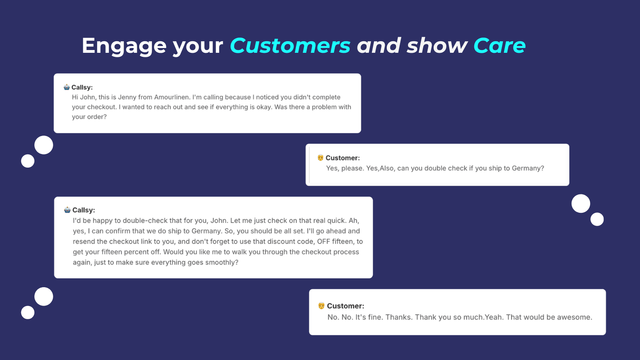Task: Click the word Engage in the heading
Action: click(124, 46)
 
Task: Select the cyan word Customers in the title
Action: click(290, 46)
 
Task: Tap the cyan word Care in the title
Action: click(500, 46)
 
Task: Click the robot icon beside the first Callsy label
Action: click(66, 87)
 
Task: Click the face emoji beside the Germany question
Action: click(320, 158)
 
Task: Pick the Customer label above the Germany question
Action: click(342, 158)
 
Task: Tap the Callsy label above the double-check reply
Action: click(84, 210)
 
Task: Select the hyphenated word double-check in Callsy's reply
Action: click(145, 220)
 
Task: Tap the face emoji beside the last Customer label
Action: click(322, 306)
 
